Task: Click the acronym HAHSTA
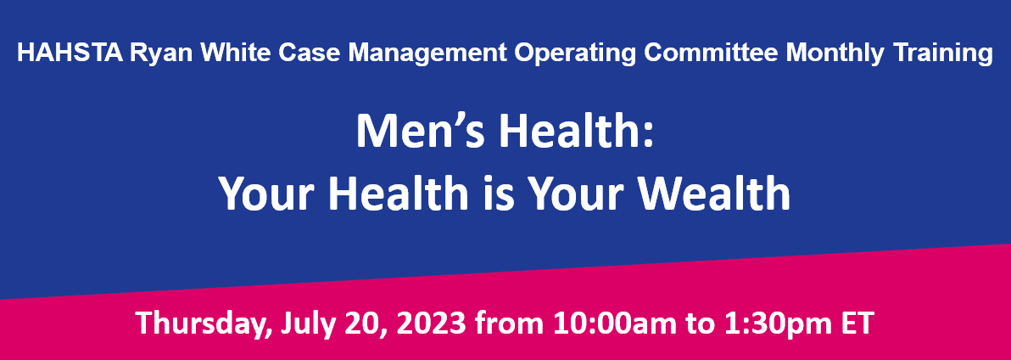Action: (x=70, y=53)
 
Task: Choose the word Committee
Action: (x=712, y=53)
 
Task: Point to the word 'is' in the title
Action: (x=500, y=193)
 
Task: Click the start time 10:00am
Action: (x=598, y=323)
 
